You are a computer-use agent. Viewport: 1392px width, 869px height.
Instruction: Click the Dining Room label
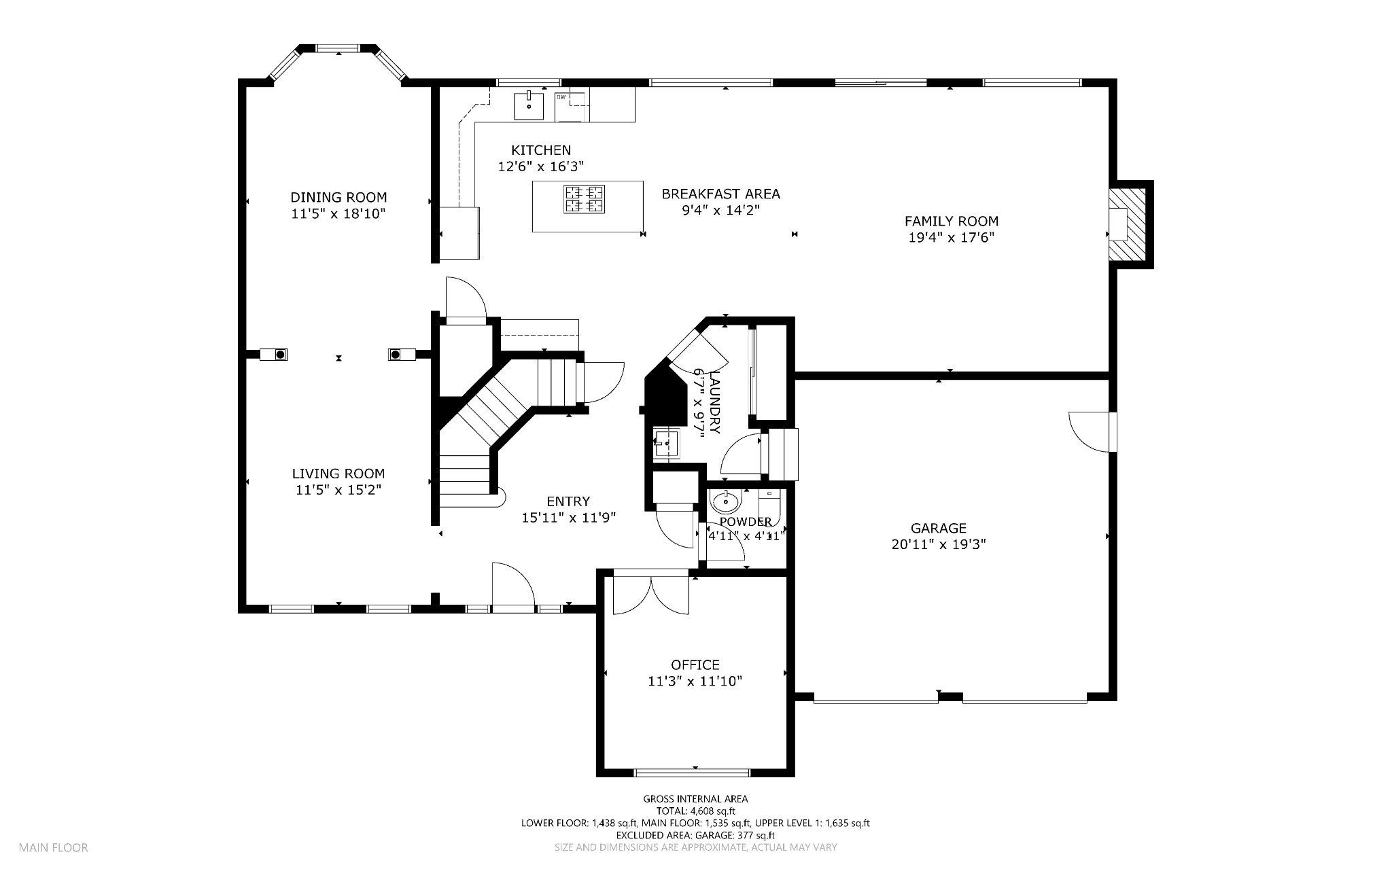point(338,198)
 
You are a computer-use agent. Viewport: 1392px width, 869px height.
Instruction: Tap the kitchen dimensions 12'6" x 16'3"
point(541,166)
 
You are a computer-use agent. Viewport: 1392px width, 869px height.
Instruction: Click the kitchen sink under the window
point(529,106)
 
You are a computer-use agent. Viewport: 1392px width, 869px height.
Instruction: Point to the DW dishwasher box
point(571,106)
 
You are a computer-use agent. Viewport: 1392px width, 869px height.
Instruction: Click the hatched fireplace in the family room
point(1127,224)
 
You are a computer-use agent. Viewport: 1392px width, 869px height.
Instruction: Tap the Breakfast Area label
point(720,194)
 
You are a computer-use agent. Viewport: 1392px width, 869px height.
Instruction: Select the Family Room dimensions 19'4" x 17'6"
point(951,237)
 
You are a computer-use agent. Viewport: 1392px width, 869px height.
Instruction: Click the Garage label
point(938,528)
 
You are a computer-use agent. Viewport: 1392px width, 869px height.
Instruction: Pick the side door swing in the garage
point(1092,431)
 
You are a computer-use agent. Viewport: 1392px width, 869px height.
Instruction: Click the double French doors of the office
point(650,595)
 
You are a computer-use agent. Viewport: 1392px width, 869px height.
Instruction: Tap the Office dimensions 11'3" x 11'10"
point(695,681)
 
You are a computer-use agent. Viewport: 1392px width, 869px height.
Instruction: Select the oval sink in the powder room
point(725,502)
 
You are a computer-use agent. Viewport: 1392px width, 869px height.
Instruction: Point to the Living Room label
point(338,474)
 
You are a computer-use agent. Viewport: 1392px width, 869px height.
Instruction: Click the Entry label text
point(568,501)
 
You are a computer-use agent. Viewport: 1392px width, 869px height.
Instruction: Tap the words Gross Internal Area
point(695,799)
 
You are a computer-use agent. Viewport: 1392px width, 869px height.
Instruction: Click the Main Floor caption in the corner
point(53,847)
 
